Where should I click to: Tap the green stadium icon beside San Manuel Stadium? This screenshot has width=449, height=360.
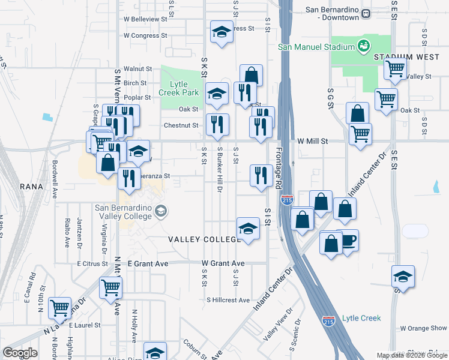click(363, 46)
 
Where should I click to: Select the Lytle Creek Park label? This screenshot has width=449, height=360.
click(178, 89)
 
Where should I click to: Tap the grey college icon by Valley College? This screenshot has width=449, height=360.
click(160, 211)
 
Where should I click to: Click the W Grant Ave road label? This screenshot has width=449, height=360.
click(223, 263)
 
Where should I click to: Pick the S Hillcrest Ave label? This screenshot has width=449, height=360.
click(228, 299)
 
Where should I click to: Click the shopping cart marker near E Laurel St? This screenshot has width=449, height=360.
click(60, 308)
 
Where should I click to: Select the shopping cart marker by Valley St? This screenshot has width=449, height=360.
click(396, 69)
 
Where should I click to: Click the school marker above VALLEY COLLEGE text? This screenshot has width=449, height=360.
click(248, 228)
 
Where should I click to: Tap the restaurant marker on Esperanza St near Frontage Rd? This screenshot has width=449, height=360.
click(261, 176)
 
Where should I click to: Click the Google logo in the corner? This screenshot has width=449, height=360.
click(20, 353)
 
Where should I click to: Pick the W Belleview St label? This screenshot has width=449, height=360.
click(145, 19)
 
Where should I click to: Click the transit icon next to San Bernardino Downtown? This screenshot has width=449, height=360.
click(365, 16)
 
